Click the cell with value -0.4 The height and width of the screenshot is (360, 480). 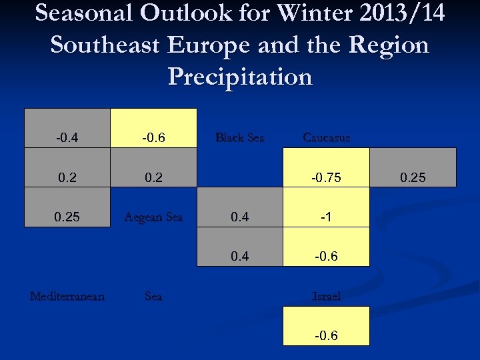pos(67,138)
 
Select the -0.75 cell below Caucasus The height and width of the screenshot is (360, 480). pos(326,178)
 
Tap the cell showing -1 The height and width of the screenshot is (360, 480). pos(326,217)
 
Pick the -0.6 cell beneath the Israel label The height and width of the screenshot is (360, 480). pos(326,335)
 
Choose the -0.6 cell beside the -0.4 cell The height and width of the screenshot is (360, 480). pos(153,138)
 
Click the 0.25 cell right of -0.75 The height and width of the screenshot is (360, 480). pos(413,178)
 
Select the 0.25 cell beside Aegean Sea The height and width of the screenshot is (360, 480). pos(67,217)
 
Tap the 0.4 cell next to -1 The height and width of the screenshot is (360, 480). pos(240,217)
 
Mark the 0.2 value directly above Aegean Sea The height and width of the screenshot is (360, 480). pos(153,178)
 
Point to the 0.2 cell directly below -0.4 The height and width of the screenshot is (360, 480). pos(67,178)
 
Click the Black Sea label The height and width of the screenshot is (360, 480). pos(240,138)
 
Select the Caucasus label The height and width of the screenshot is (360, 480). pos(326,138)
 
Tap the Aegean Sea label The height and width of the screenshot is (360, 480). pos(153,217)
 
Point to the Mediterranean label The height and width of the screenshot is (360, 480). pos(67,296)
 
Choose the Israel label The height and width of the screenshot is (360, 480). pos(326,296)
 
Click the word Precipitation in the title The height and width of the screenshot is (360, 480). pos(240,77)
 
